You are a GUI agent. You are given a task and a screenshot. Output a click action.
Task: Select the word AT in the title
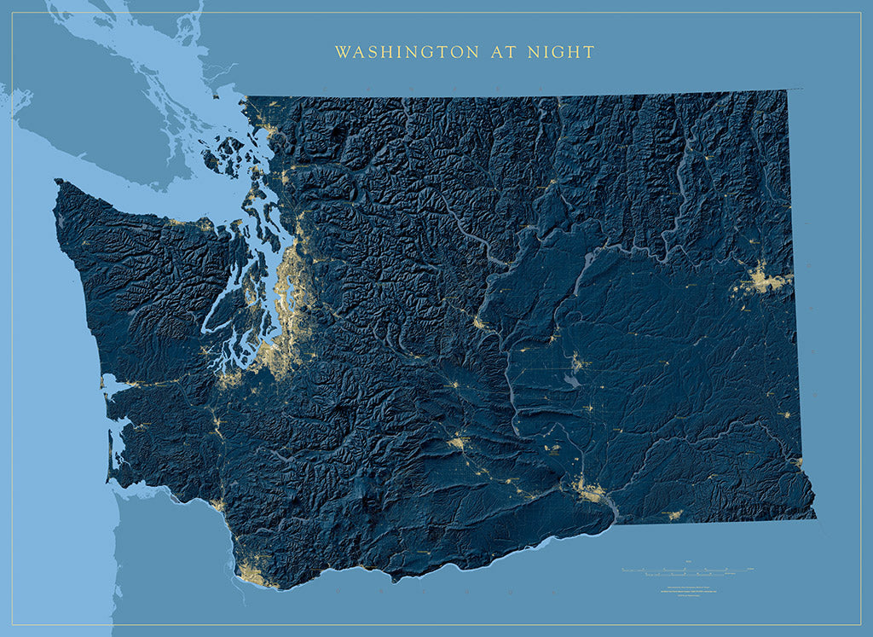point(500,53)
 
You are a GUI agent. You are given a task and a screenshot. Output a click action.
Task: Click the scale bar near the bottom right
point(687,569)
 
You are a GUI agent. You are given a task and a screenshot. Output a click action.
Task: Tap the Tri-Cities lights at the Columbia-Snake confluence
point(588,489)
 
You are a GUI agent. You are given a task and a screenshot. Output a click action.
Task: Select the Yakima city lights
point(460,443)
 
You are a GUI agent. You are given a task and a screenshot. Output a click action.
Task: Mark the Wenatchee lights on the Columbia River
point(479,321)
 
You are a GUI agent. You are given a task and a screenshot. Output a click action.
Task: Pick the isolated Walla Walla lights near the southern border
point(674,515)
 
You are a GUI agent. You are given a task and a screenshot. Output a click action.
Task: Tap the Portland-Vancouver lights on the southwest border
point(252,572)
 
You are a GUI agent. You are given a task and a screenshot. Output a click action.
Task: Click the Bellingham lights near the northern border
point(272,133)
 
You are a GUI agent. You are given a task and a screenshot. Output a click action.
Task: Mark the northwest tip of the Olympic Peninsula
point(58,182)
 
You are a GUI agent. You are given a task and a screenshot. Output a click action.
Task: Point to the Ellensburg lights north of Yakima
point(454,385)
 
